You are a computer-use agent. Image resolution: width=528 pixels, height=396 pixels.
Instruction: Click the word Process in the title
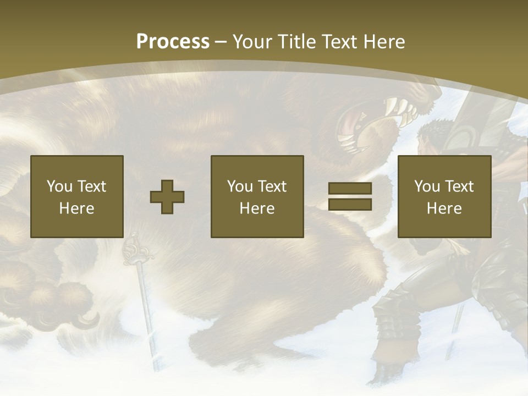click(173, 42)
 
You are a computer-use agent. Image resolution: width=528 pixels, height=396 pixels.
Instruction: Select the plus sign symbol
click(167, 197)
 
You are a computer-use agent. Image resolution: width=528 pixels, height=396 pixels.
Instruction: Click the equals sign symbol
click(350, 196)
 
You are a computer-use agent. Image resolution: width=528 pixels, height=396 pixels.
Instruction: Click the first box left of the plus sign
click(76, 196)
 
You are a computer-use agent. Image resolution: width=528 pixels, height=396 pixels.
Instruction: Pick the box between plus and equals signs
click(257, 196)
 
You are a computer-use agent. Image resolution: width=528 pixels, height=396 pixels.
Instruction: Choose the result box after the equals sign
click(444, 196)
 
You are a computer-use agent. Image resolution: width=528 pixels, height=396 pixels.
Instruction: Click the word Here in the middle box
click(257, 208)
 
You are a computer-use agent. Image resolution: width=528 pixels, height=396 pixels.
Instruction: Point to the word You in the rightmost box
click(426, 186)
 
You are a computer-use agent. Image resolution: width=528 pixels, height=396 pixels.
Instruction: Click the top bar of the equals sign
click(350, 189)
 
